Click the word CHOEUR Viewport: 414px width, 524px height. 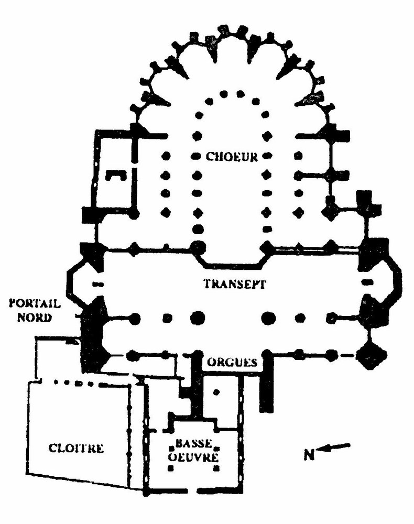coord(232,156)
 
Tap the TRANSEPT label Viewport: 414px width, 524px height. coord(234,285)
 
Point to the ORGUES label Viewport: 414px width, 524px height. coord(231,362)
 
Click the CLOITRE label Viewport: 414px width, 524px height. coord(76,448)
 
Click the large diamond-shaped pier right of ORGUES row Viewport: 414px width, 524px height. coord(372,356)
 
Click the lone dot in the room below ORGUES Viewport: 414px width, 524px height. coord(216,391)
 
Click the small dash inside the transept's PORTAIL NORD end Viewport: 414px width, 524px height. coord(96,285)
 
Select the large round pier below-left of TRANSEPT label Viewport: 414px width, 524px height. coord(197,318)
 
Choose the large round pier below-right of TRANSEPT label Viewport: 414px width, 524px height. coord(269,318)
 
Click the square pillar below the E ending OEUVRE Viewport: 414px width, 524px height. coord(215,468)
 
